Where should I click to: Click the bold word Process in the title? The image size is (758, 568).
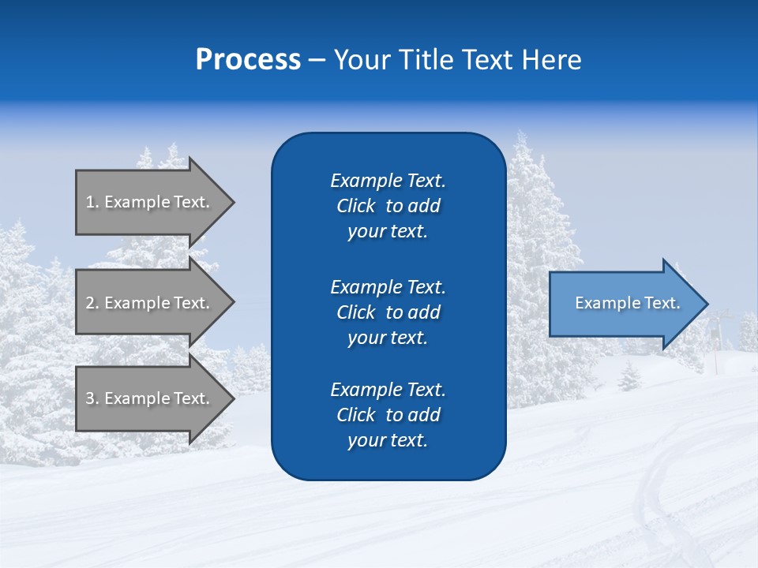coord(248,59)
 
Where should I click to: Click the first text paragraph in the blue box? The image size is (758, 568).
coord(388,206)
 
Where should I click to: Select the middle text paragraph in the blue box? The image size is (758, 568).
coord(388,312)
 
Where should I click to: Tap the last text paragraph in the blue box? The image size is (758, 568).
coord(388,415)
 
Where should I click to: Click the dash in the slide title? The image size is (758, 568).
coord(317,60)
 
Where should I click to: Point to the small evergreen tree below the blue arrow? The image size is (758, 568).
coord(629,376)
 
